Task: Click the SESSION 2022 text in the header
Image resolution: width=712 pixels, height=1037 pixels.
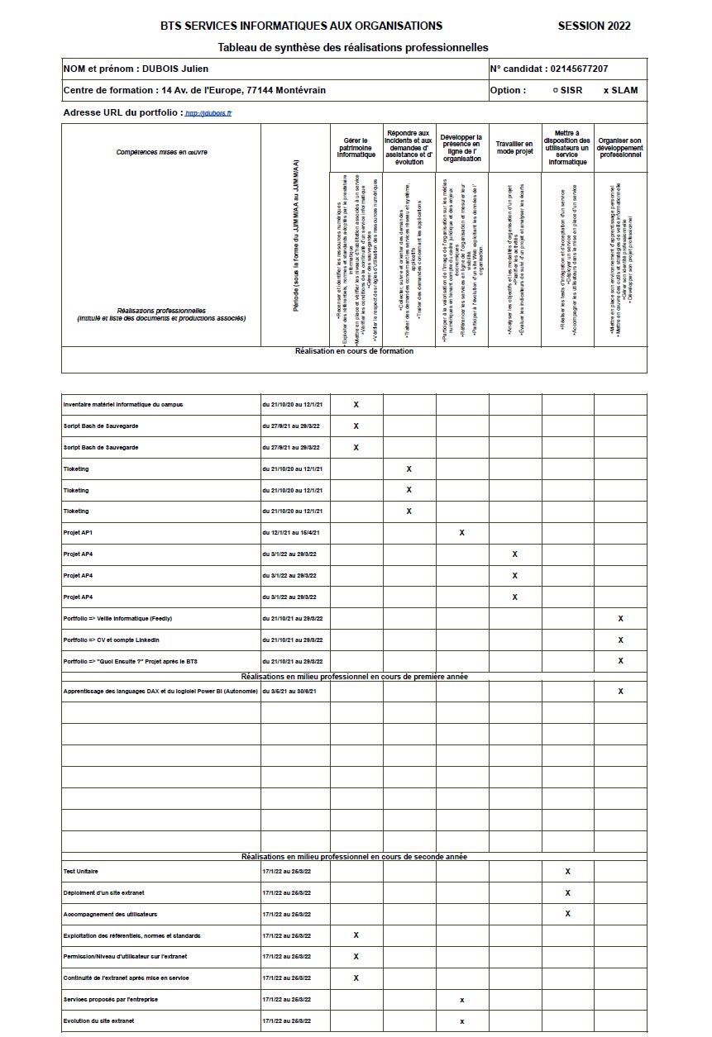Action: click(x=594, y=26)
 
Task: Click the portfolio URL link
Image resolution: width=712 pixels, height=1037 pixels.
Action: click(x=208, y=113)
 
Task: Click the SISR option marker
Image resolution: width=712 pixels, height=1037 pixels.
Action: click(x=555, y=90)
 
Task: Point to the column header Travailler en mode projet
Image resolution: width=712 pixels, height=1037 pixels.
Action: click(x=514, y=148)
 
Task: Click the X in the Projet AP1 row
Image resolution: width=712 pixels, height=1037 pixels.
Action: click(x=461, y=533)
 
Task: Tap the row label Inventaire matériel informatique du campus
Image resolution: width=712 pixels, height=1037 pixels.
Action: click(x=123, y=405)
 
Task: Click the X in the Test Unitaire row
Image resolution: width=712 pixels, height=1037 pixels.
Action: click(x=567, y=872)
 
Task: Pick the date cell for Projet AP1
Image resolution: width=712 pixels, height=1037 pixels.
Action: click(x=290, y=533)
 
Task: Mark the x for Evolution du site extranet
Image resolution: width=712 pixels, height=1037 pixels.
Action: click(x=461, y=1021)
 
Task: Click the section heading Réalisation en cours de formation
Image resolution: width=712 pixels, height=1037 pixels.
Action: click(x=354, y=351)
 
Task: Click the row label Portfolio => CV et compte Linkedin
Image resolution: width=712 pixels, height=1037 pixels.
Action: click(x=112, y=640)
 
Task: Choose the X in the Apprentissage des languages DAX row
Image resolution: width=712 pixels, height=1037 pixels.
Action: click(x=620, y=692)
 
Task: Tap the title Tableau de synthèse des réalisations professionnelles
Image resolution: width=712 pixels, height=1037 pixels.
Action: click(x=353, y=48)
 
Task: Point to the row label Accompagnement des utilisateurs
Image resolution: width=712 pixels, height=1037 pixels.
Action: click(x=110, y=915)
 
